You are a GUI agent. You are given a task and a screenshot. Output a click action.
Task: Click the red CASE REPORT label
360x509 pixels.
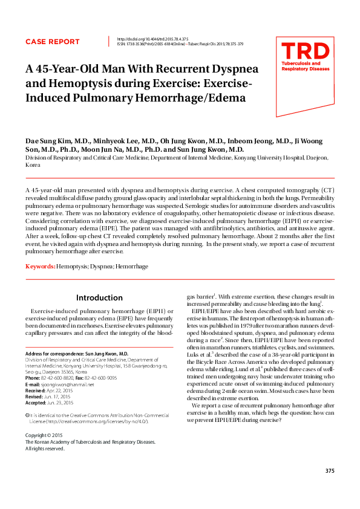[x=52, y=42]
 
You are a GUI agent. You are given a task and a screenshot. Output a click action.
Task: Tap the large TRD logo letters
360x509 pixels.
[x=306, y=51]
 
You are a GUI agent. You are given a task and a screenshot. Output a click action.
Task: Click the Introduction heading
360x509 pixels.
[x=99, y=297]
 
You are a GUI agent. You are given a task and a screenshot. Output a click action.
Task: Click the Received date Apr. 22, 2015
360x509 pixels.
[x=59, y=390]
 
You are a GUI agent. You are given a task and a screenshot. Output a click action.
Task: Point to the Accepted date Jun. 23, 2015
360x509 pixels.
[x=61, y=402]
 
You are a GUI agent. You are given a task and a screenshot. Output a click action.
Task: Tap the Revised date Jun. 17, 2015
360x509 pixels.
[x=56, y=396]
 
